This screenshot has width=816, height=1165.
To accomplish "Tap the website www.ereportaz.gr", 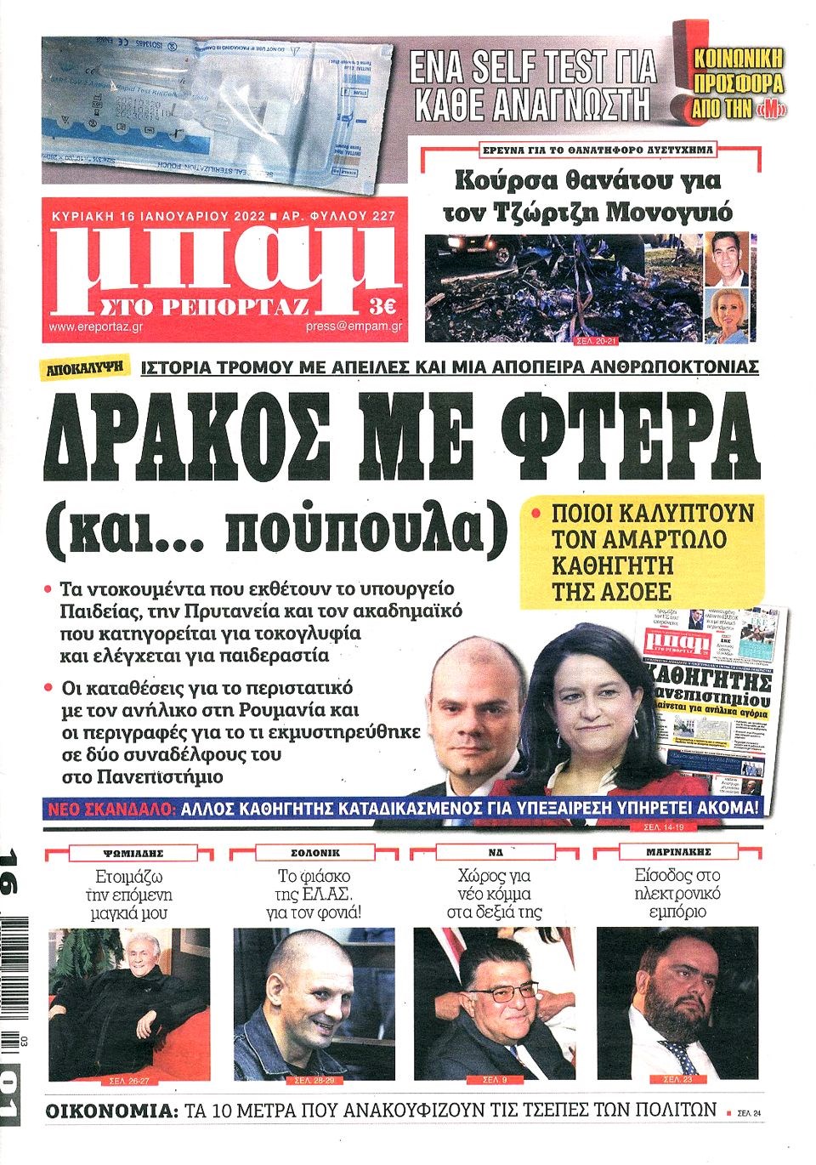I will tap(86, 327).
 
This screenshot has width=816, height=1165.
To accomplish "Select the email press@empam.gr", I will tap(354, 327).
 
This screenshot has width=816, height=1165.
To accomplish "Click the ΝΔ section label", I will tap(495, 851).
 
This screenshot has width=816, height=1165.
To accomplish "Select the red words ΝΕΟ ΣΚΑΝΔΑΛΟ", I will tap(110, 809).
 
